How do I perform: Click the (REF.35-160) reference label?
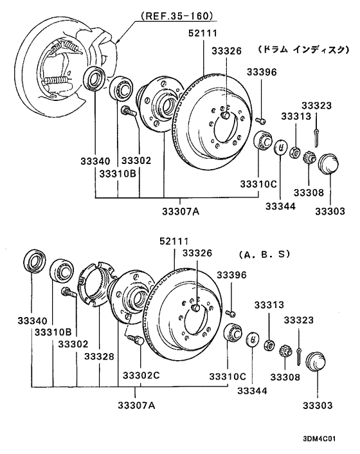tap(176, 15)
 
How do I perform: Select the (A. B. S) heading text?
tap(264, 255)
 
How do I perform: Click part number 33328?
tap(100, 356)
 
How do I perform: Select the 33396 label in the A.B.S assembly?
tap(231, 275)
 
